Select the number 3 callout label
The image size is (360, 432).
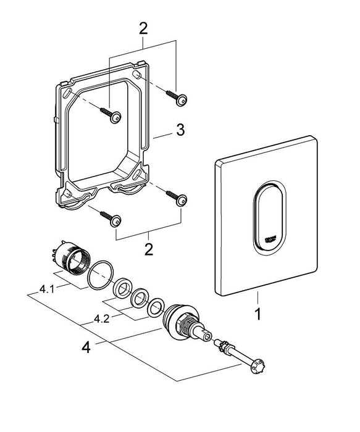coord(180,130)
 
